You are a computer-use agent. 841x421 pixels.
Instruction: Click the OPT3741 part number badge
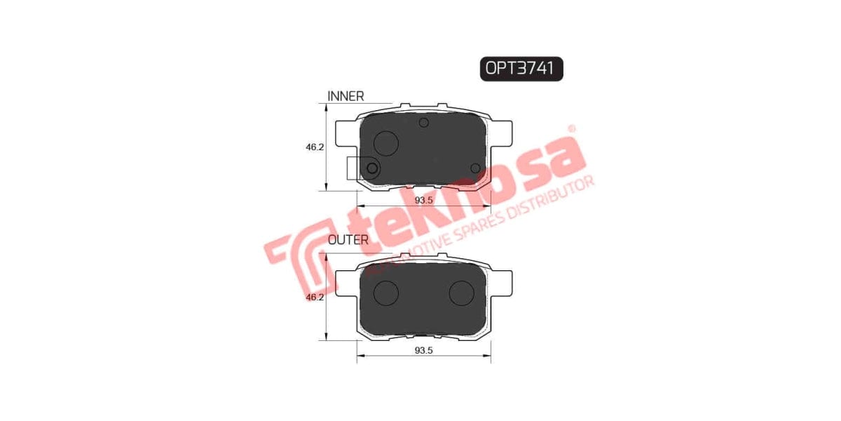pos(522,68)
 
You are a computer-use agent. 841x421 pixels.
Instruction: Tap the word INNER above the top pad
pos(346,96)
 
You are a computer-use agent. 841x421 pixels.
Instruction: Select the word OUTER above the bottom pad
pos(348,239)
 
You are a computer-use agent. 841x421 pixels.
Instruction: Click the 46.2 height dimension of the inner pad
pos(314,148)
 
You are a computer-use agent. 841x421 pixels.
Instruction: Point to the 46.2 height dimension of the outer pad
pos(314,298)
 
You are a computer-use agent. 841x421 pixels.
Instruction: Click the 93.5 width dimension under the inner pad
pos(423,200)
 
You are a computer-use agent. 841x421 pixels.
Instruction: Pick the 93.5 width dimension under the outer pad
pos(423,350)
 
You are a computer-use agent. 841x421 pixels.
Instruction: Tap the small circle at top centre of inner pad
pos(423,123)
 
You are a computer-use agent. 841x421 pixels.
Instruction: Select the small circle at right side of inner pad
pos(475,168)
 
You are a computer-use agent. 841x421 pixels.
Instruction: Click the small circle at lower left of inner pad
pos(372,168)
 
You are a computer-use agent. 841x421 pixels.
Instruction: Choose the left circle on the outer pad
pos(386,293)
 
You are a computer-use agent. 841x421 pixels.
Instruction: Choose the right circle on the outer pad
pos(461,293)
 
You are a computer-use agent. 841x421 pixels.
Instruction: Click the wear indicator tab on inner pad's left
pos(353,168)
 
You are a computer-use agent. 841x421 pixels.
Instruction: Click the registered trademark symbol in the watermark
pos(571,128)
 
